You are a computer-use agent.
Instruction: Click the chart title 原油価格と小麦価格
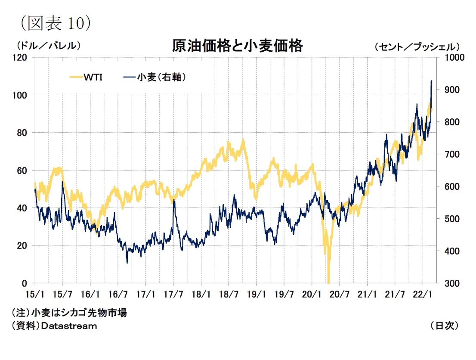pos(237,46)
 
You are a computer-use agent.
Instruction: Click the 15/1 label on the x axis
pos(34,295)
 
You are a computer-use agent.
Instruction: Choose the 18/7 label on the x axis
pos(229,295)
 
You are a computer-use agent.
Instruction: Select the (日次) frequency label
pos(444,326)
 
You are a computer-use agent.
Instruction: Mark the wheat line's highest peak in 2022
pos(432,81)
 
